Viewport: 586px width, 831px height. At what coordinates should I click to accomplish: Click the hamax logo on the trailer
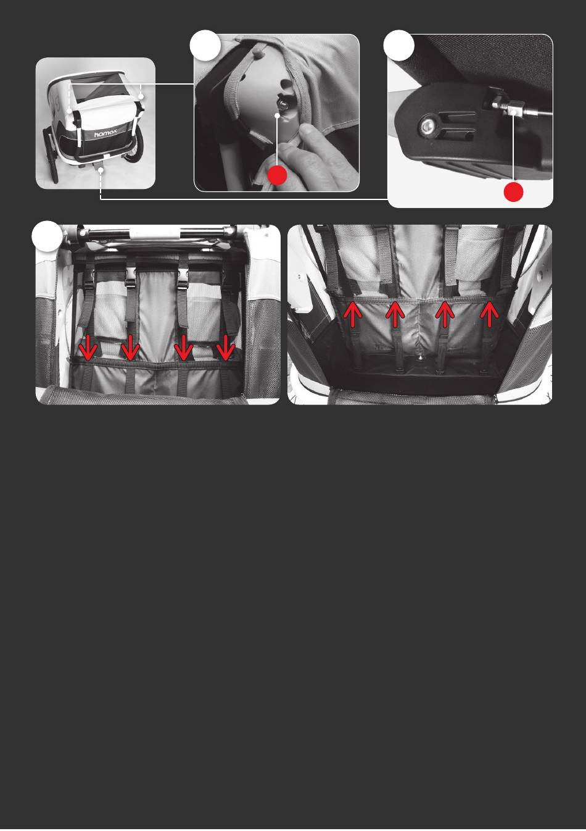tap(105, 133)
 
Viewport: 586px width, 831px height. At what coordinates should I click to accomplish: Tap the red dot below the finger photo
tap(277, 175)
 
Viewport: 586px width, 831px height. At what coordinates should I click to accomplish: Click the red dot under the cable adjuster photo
tap(513, 192)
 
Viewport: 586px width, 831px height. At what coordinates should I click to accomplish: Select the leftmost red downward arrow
tap(88, 348)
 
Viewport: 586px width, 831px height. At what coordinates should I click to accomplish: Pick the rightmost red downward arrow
tap(225, 348)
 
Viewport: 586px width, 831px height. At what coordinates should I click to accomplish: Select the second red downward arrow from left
tap(130, 348)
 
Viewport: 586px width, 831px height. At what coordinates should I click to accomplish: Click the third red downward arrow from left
tap(183, 348)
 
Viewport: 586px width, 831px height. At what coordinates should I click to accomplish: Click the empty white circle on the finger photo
tap(205, 45)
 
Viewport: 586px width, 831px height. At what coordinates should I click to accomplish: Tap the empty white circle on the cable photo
tap(399, 45)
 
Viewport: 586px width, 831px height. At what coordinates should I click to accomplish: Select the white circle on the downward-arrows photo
tap(47, 236)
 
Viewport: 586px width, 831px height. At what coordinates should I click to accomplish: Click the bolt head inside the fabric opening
tap(283, 106)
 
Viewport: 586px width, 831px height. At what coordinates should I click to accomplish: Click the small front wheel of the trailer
tap(51, 155)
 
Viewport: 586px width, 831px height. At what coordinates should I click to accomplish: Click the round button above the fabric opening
tap(258, 54)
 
